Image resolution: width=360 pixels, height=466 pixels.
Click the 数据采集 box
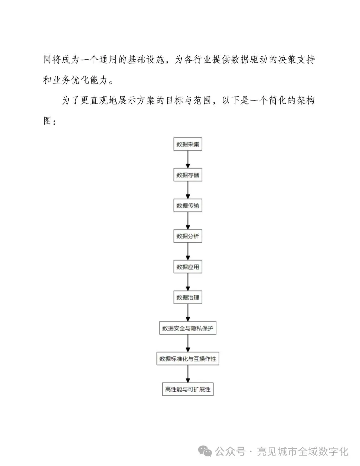point(188,144)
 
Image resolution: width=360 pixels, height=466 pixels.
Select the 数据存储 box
point(188,175)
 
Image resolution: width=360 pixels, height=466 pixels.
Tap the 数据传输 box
point(188,205)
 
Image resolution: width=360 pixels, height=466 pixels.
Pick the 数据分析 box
point(188,236)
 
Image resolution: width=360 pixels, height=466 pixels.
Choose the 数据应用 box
point(188,267)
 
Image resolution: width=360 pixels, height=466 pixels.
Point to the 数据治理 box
point(188,298)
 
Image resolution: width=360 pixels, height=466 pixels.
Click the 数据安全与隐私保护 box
point(188,328)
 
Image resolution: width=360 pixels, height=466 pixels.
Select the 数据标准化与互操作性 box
point(188,359)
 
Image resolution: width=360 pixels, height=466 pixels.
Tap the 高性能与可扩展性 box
point(188,389)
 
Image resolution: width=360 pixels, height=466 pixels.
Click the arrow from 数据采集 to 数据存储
point(188,159)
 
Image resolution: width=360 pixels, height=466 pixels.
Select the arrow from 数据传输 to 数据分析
point(188,221)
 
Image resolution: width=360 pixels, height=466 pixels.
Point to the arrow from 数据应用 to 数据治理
point(188,282)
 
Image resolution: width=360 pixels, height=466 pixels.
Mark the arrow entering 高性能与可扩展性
point(188,374)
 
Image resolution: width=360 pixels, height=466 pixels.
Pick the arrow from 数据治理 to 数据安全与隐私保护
point(188,313)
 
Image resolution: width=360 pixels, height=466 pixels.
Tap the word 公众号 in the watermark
point(230,452)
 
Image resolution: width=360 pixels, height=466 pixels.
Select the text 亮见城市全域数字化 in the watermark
point(302,452)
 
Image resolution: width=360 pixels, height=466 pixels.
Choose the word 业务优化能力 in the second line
point(80,80)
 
